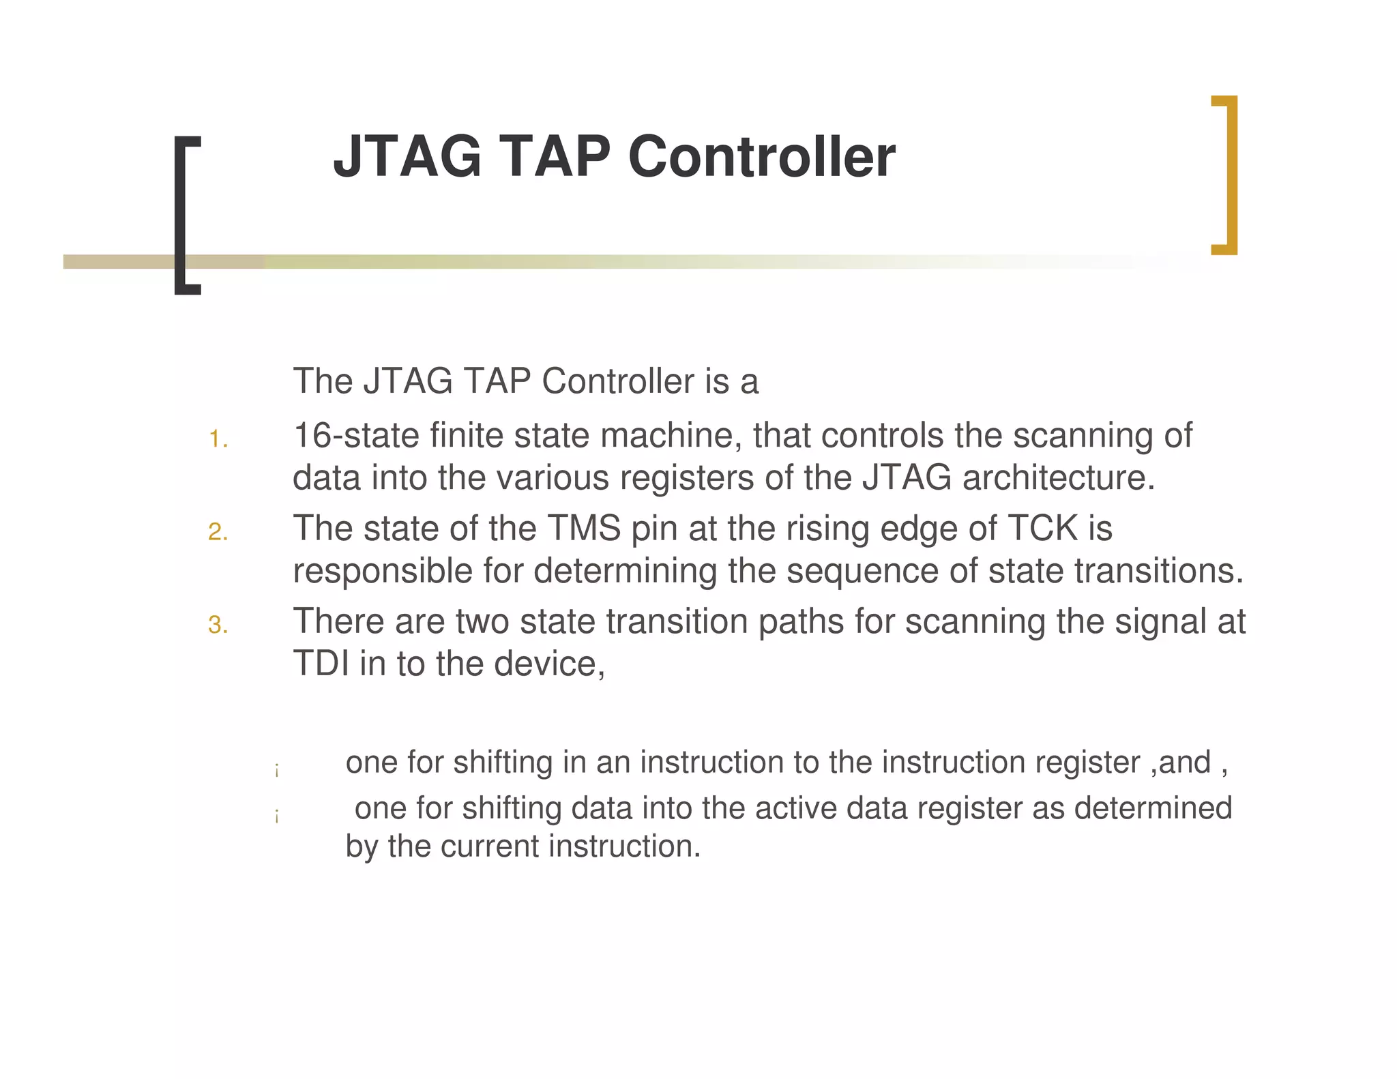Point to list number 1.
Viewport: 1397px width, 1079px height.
tap(218, 440)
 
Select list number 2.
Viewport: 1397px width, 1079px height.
tap(218, 533)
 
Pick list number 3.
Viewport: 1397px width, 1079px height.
tap(218, 625)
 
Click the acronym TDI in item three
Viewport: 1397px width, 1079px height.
tap(321, 664)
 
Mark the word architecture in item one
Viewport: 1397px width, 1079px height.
tap(1058, 477)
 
